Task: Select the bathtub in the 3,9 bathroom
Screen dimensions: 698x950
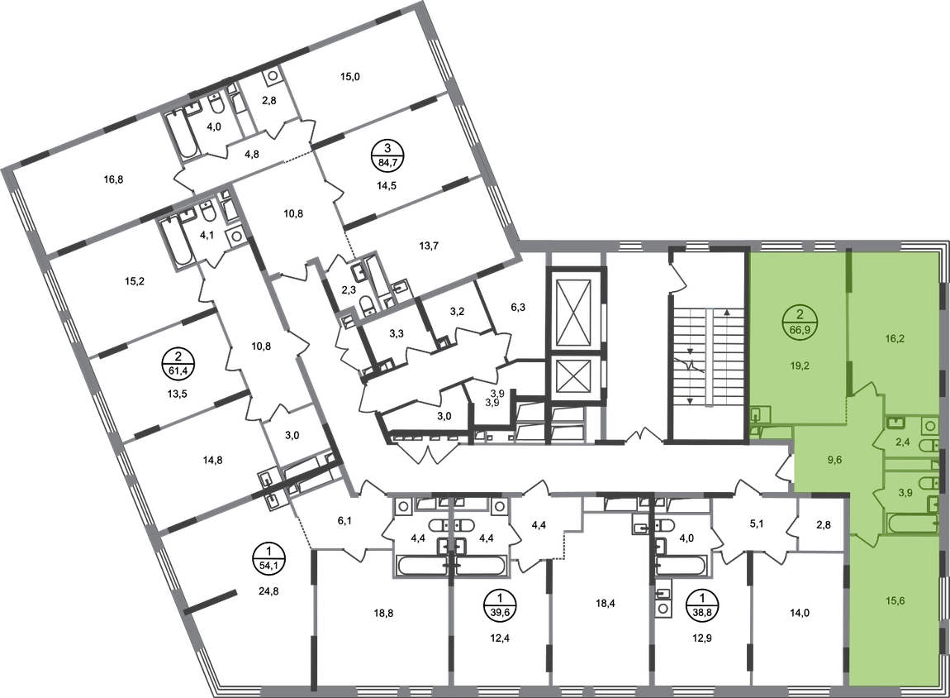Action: point(909,523)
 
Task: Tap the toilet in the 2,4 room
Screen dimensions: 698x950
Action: point(930,447)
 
